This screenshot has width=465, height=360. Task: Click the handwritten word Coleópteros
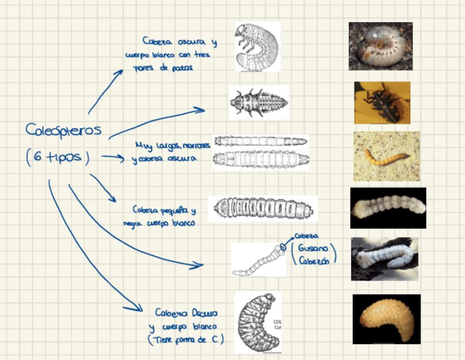(x=64, y=130)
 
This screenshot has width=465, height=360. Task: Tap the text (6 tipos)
(x=57, y=157)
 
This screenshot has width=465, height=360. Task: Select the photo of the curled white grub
(x=381, y=46)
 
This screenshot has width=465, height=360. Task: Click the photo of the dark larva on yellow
(x=382, y=103)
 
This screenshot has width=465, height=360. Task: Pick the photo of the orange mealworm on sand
(x=386, y=156)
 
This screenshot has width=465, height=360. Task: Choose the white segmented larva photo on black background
(x=388, y=208)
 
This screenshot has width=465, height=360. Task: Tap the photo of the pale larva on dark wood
(x=384, y=258)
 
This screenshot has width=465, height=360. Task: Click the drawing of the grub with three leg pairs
(x=257, y=47)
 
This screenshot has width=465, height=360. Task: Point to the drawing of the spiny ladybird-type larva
(x=258, y=102)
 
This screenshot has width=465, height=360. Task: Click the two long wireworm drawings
(x=260, y=152)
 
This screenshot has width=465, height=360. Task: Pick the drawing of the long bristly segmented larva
(x=263, y=209)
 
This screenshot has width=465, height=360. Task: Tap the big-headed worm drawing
(x=258, y=260)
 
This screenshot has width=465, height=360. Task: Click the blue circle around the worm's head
(x=283, y=246)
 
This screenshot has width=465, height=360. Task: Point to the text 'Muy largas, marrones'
(x=172, y=145)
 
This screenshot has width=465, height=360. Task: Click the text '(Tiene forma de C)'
(x=185, y=340)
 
